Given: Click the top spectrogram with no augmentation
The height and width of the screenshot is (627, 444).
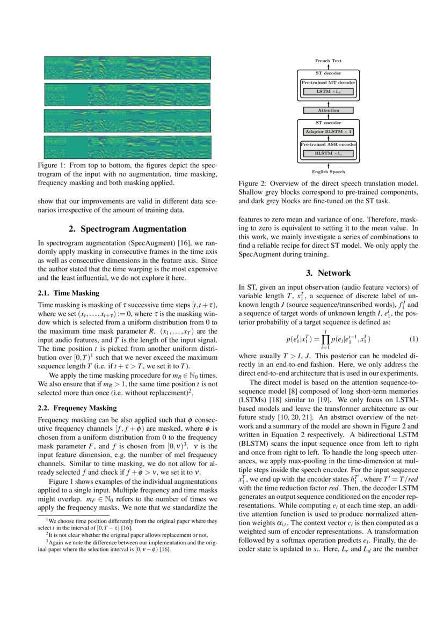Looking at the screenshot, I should tap(127, 68).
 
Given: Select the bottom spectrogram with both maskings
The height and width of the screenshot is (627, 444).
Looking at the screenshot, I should tap(127, 147).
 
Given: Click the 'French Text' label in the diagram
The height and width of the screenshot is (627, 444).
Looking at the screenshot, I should tap(328, 61).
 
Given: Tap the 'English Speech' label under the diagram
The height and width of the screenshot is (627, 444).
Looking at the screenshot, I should tap(328, 172).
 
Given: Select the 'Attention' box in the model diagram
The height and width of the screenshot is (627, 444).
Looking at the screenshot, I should tap(328, 110).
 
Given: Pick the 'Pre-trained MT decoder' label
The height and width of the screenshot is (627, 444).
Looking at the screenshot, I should tap(328, 83).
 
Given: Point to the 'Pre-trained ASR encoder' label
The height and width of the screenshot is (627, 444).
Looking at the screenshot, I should tap(328, 145).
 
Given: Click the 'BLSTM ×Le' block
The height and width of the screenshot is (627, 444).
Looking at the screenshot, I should tap(328, 154).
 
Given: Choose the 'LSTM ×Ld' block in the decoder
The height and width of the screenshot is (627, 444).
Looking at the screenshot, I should tap(328, 92).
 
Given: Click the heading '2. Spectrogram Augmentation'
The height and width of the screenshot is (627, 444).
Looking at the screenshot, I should tap(127, 229).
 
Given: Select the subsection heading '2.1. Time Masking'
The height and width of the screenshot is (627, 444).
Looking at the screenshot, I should tap(68, 293).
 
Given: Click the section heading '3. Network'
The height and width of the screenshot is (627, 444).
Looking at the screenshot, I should tap(328, 272).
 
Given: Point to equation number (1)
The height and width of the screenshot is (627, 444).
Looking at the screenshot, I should tap(413, 339).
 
